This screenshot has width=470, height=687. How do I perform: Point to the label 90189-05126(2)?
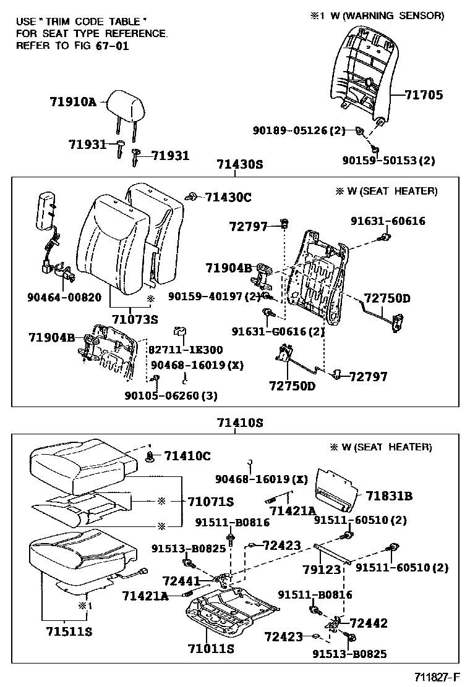299,130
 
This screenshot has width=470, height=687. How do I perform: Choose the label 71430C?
228,197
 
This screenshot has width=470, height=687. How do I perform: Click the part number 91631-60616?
388,221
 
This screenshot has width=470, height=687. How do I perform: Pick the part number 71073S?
135,319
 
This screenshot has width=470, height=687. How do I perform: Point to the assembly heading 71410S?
240,423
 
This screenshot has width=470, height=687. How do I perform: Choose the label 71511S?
69,631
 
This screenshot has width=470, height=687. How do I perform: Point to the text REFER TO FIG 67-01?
72,46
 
